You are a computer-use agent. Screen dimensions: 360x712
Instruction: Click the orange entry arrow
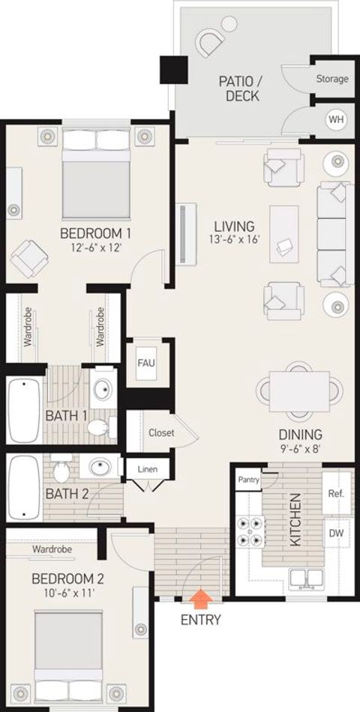pos(200,599)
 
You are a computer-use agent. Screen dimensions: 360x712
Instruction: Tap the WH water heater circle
pos(335,121)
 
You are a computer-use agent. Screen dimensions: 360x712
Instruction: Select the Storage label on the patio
pos(332,79)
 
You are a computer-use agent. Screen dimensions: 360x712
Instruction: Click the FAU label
pos(146,363)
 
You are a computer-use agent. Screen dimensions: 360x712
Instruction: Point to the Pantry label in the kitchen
pos(248,480)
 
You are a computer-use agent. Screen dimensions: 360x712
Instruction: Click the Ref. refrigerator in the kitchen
pos(336,494)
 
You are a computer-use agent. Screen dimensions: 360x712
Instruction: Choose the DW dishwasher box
pos(337,534)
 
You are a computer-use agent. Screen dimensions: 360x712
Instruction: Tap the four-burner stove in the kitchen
pos(251,533)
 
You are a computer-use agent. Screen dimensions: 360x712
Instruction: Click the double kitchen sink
pos(307,578)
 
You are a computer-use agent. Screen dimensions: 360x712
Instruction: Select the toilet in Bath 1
pos(99,427)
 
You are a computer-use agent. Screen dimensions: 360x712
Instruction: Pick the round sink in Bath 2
pos(100,466)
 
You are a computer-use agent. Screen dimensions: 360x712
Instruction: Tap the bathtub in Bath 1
pos(24,411)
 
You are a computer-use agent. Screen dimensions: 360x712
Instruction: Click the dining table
pos(299,391)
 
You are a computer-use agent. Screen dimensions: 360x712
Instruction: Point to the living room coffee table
pos(284,234)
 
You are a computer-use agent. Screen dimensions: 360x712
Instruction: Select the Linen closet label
pos(148,469)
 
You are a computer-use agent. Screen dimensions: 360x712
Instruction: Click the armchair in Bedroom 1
pos(29,259)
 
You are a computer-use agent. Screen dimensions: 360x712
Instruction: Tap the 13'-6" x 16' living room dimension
pos(235,239)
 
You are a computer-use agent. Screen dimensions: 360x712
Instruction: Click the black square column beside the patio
pos(174,70)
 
